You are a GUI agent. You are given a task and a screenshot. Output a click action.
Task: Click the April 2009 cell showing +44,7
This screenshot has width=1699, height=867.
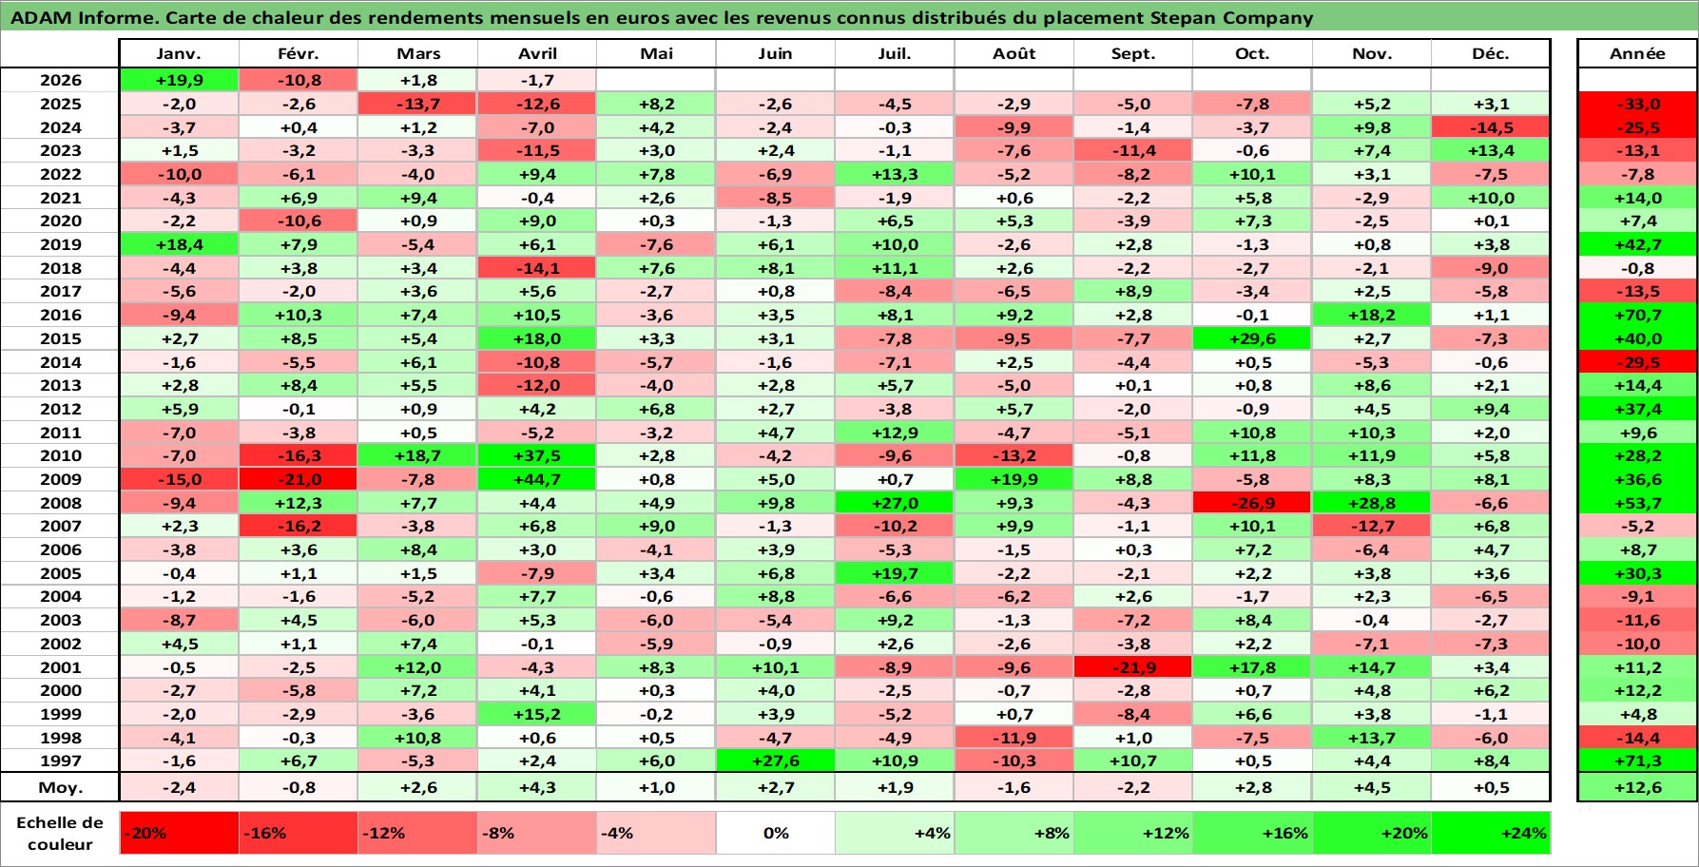pyautogui.click(x=537, y=479)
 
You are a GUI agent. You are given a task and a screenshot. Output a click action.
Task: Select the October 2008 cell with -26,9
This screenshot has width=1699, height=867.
pyautogui.click(x=1252, y=503)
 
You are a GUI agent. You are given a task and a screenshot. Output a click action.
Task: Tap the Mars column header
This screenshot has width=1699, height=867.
pyautogui.click(x=418, y=53)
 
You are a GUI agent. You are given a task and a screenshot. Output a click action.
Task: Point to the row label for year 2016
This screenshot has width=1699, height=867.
pyautogui.click(x=60, y=315)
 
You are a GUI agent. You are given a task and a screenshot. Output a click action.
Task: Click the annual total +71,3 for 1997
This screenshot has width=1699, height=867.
pyautogui.click(x=1637, y=761)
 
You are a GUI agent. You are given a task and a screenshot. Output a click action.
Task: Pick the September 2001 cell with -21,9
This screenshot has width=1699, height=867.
pyautogui.click(x=1132, y=667)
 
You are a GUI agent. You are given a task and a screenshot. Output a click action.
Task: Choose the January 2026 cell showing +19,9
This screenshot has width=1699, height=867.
pyautogui.click(x=179, y=80)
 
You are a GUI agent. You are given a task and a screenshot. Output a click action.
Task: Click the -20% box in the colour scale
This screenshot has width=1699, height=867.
pyautogui.click(x=179, y=833)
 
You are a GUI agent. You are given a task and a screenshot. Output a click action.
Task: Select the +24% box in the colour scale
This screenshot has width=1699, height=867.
pyautogui.click(x=1491, y=833)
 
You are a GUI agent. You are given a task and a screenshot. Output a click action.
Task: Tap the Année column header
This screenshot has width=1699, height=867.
pyautogui.click(x=1637, y=53)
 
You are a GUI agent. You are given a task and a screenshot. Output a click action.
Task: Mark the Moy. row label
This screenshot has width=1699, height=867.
pyautogui.click(x=60, y=787)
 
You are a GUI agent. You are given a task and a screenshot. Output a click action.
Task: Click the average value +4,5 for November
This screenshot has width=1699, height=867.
pyautogui.click(x=1371, y=787)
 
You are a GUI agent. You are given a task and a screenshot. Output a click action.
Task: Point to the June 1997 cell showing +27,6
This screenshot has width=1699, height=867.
pyautogui.click(x=775, y=761)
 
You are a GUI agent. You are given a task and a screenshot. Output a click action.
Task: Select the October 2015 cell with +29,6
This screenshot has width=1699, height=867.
pyautogui.click(x=1252, y=338)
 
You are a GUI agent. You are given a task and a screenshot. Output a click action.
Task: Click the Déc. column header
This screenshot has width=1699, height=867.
pyautogui.click(x=1491, y=53)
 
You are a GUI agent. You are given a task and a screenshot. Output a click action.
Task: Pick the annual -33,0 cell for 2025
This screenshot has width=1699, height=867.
pyautogui.click(x=1637, y=104)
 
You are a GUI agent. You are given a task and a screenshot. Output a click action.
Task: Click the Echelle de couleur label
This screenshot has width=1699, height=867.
pyautogui.click(x=60, y=834)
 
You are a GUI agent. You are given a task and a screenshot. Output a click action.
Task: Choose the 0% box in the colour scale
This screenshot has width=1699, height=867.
pyautogui.click(x=775, y=833)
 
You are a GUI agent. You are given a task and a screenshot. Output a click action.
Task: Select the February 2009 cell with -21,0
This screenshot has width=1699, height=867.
pyautogui.click(x=299, y=479)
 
